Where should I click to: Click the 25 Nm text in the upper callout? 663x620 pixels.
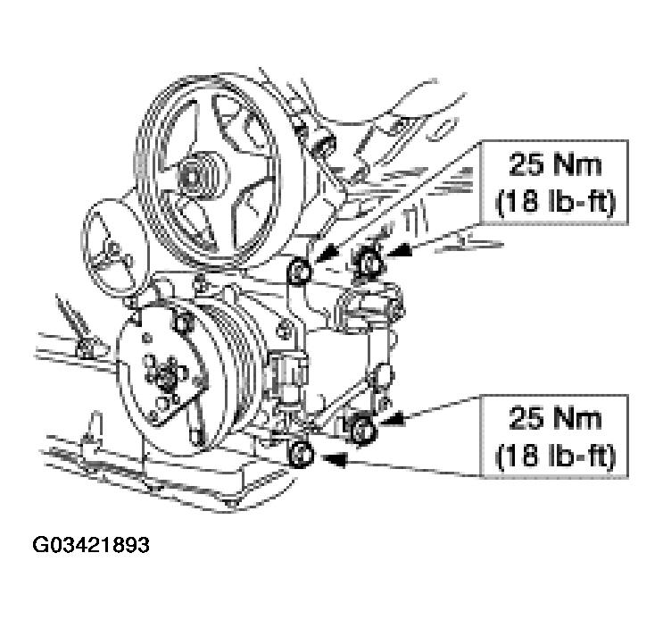click(554, 164)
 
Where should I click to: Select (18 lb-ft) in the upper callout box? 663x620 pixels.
click(554, 202)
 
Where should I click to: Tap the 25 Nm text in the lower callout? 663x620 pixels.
click(554, 419)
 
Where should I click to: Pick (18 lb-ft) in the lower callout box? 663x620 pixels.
click(554, 456)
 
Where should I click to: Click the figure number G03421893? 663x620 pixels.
click(90, 545)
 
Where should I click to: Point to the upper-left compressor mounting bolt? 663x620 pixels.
click(299, 271)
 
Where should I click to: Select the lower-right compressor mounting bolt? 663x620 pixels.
click(363, 429)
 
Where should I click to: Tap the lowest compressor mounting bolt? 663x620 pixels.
click(301, 455)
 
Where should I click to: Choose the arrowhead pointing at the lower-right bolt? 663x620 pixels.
click(392, 419)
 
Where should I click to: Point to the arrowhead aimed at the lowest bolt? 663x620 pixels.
click(334, 459)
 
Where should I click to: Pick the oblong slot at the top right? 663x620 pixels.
click(443, 129)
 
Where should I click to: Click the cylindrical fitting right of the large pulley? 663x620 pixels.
click(323, 147)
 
